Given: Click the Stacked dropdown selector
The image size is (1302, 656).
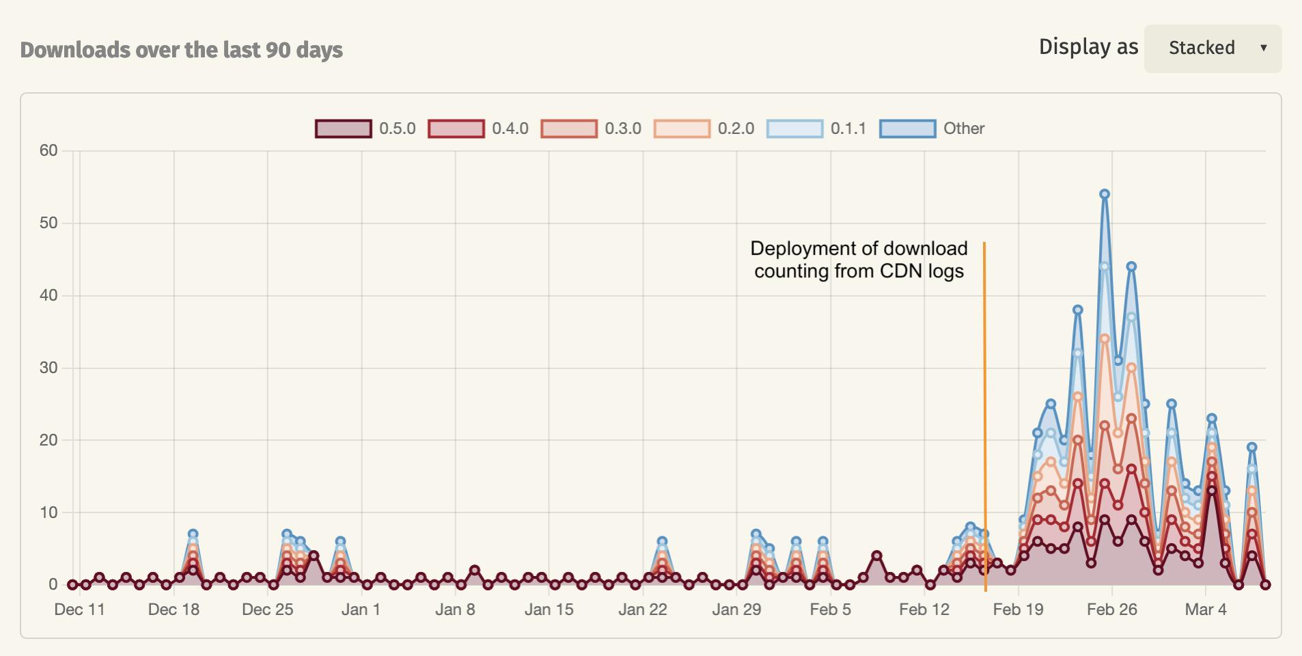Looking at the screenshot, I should click(1213, 49).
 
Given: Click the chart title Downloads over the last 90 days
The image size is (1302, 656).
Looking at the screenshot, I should click(182, 50).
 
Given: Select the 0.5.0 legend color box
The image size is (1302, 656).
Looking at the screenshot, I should click(344, 128).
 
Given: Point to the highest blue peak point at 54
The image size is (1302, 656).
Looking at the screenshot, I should click(1105, 194).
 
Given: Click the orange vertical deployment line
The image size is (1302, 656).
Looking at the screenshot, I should click(984, 410).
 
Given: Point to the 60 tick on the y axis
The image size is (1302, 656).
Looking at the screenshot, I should click(49, 150).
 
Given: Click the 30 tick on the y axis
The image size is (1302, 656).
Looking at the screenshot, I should click(49, 368).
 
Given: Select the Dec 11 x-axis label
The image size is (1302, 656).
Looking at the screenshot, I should click(79, 610).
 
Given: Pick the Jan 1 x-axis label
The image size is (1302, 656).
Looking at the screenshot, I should click(361, 610).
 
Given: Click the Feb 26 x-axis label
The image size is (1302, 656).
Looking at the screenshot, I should click(1111, 610).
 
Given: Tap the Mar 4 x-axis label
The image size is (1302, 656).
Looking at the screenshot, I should click(1205, 610).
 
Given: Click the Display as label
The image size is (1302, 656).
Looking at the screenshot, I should click(1088, 47).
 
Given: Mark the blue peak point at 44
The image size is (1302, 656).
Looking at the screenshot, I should click(1131, 266).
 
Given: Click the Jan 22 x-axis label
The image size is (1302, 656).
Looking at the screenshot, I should click(642, 610).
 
